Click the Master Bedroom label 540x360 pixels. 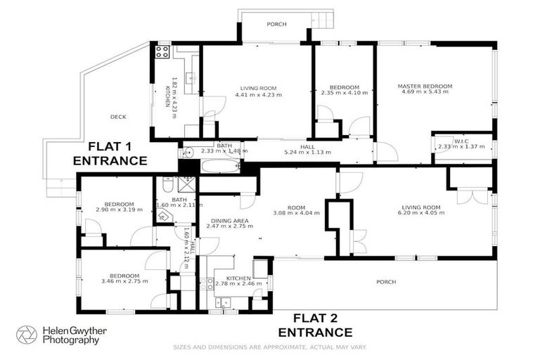tap(427, 86)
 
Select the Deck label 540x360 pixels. tap(117, 117)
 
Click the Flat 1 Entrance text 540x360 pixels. tap(110, 153)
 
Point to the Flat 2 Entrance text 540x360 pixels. tap(315, 325)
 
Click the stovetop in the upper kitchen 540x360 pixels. tap(162, 51)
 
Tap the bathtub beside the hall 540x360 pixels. tap(221, 167)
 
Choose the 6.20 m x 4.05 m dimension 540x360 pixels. tap(421, 213)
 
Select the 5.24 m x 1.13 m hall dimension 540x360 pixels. tap(307, 152)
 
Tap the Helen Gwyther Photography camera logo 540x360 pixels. tap(27, 335)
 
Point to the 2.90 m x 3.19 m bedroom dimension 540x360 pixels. tap(115, 210)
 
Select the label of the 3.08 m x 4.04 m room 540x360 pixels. tap(296, 207)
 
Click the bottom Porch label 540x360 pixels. tap(385, 282)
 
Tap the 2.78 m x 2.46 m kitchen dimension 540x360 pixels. tap(238, 284)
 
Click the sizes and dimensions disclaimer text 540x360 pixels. tap(270, 347)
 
